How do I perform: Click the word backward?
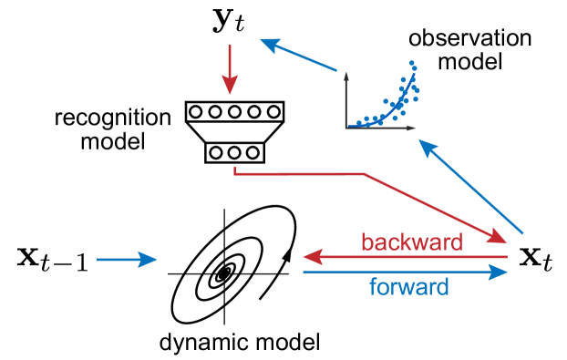click(412, 242)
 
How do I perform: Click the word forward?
click(409, 288)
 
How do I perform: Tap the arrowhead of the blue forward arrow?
click(500, 272)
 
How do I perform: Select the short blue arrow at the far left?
click(126, 260)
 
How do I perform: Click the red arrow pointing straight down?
click(230, 67)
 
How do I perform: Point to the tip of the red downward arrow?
click(230, 92)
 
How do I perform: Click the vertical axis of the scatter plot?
click(345, 100)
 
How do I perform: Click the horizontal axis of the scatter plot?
click(378, 128)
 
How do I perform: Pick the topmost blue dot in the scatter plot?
click(412, 63)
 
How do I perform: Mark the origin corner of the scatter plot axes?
click(345, 128)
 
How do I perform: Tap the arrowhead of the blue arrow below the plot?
click(426, 146)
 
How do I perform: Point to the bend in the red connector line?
click(365, 173)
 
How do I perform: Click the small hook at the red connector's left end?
click(235, 170)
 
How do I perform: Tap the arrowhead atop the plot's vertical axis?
click(345, 73)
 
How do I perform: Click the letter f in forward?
click(373, 287)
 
